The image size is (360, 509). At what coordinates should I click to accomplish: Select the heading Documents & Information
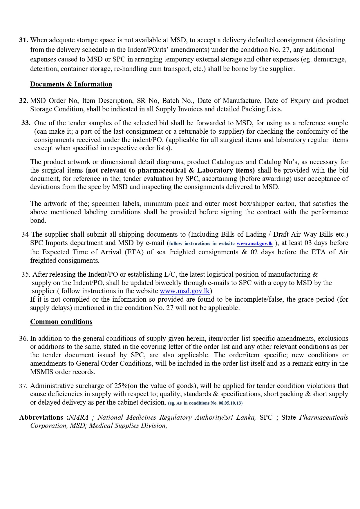71,84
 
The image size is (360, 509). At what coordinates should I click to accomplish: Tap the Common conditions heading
61,322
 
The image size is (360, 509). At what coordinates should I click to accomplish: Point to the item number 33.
26,123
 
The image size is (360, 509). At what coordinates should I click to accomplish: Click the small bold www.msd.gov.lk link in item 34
255,244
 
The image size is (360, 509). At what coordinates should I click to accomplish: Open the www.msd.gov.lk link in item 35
185,291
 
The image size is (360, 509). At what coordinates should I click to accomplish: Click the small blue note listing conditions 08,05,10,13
205,403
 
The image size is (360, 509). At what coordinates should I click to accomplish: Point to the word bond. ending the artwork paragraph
38,220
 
